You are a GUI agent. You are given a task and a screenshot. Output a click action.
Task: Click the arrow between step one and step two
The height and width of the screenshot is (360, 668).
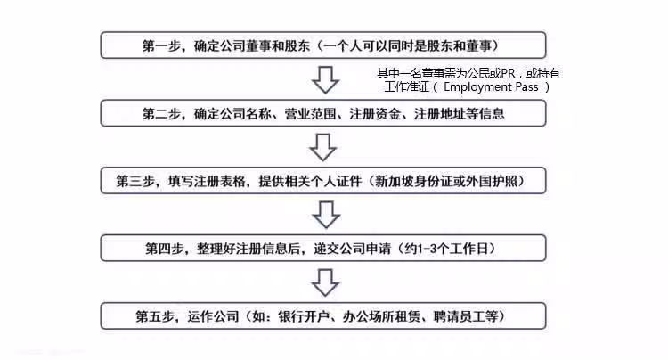tap(325, 79)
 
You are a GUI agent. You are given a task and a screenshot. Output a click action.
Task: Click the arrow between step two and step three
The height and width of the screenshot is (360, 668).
tap(323, 147)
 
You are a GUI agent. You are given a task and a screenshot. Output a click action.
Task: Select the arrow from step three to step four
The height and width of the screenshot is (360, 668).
tap(326, 215)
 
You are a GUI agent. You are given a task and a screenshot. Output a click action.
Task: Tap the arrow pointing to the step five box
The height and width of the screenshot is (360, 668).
tap(325, 282)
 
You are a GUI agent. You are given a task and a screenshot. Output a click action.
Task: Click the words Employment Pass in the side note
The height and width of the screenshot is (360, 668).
tap(491, 87)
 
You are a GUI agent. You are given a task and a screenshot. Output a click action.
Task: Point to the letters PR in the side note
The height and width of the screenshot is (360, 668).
tap(508, 73)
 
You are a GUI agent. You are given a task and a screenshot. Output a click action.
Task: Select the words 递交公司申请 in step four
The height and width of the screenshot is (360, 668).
tap(353, 249)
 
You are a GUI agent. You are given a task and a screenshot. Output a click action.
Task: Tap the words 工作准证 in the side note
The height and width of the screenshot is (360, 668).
tap(407, 87)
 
